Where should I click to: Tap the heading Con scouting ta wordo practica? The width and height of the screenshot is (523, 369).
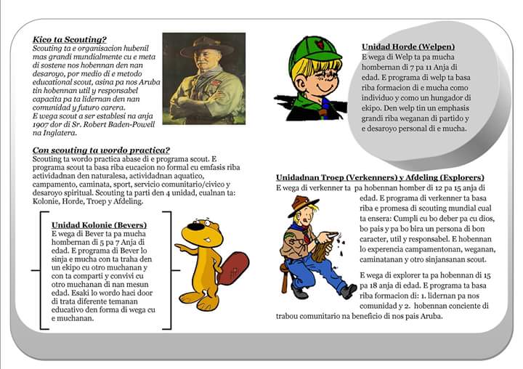click(102, 150)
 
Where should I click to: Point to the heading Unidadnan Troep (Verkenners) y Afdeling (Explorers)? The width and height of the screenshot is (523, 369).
click(380, 177)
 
